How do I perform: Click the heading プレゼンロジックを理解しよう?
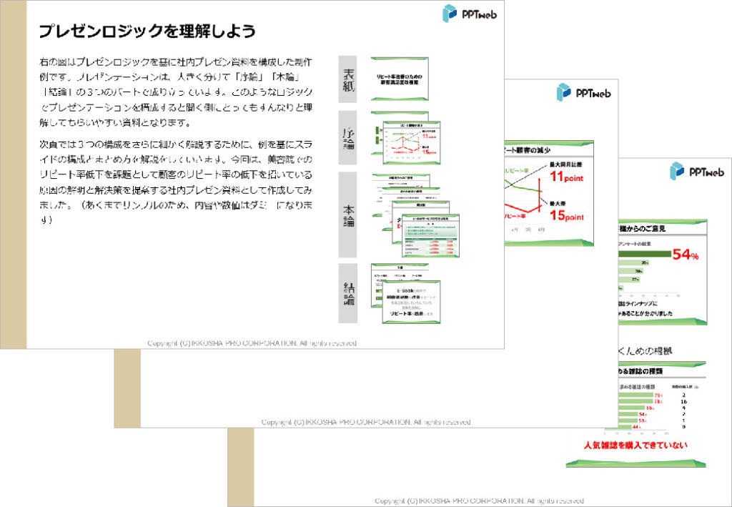147,31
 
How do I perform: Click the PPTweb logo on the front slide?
469,14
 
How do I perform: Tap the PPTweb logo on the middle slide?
583,92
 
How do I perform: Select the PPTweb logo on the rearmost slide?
696,171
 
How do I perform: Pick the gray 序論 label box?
348,137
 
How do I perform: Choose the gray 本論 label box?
348,214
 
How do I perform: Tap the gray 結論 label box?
348,293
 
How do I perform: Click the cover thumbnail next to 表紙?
399,78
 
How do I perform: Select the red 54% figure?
685,255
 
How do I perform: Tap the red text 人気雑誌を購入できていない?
635,446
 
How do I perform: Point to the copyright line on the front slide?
252,344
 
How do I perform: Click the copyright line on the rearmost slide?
479,501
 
